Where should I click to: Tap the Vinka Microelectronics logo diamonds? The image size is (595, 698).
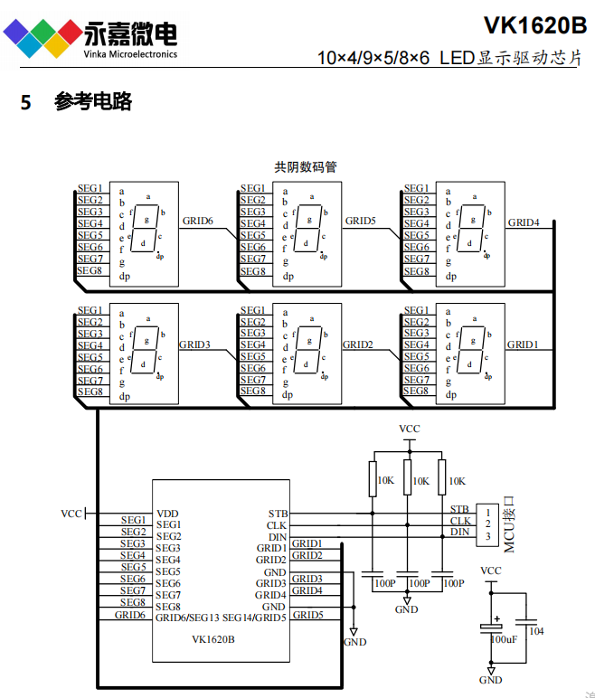42,38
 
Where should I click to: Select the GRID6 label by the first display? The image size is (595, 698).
197,220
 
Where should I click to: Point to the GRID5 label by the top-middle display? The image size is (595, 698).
360,220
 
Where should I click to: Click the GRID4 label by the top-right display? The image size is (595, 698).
523,222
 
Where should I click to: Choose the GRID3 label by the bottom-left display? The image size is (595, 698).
194,344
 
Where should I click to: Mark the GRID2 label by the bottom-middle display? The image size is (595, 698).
357,344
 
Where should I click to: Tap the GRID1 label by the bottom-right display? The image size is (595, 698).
522,344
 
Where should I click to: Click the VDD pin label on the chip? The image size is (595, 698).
167,514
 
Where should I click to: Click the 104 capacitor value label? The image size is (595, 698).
536,631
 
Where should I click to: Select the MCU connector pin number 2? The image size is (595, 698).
487,523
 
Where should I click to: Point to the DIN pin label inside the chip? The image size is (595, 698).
278,537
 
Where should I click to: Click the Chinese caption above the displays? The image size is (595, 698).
306,167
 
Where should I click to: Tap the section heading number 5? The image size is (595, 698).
26,102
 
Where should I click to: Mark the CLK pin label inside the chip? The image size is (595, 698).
277,525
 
